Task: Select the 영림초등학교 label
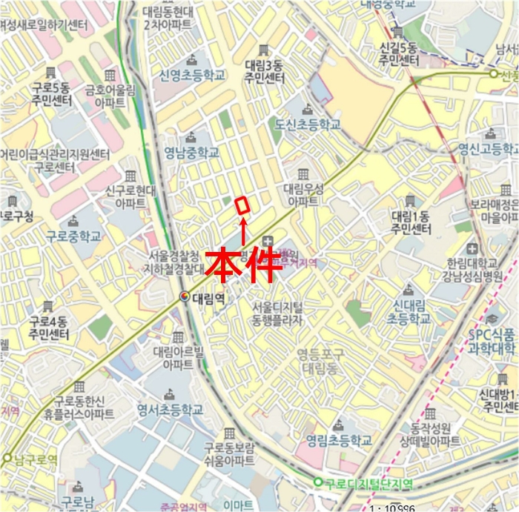tap(338, 441)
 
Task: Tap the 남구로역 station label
tap(35, 459)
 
